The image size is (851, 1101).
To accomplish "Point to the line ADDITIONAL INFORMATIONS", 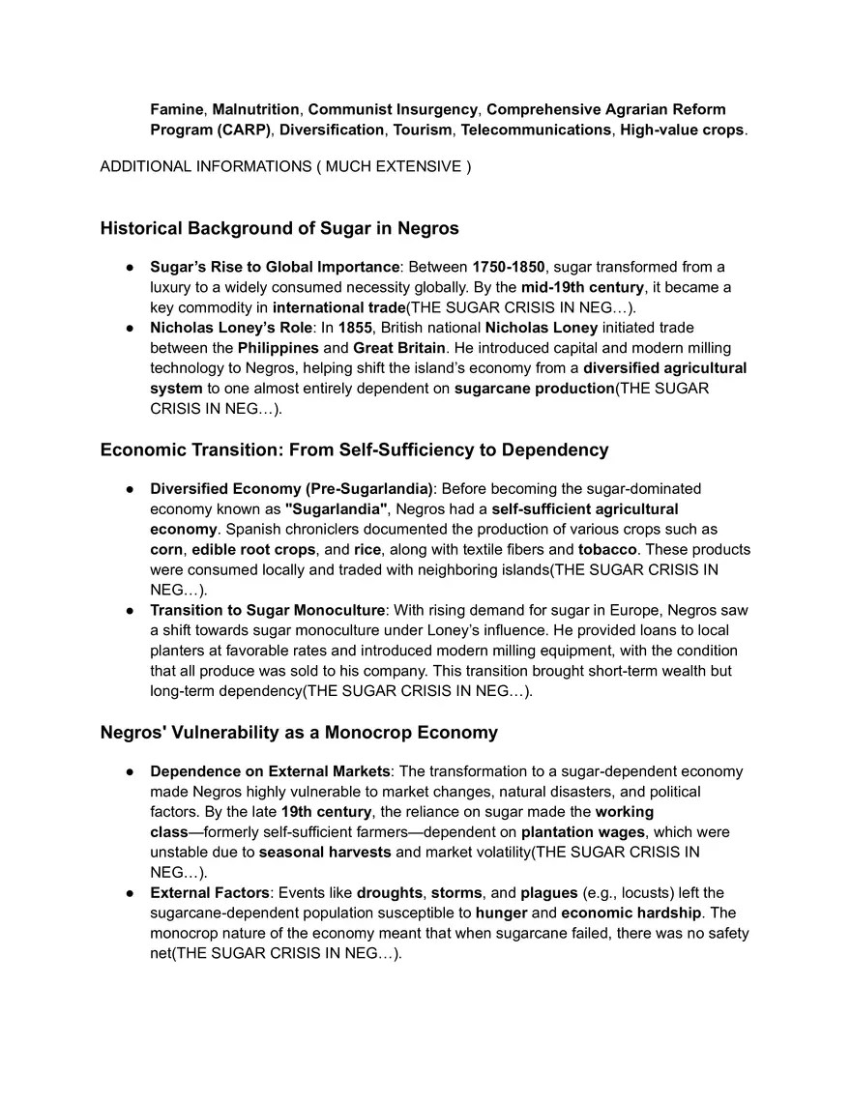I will point(285,166).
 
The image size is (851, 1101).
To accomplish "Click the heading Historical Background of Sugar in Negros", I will point(279,229).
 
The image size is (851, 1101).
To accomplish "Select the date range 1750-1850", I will point(508,267).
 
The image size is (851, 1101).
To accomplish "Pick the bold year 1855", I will point(354,328).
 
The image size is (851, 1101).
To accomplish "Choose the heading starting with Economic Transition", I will point(354,449).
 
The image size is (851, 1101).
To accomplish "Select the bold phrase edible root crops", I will point(253,549).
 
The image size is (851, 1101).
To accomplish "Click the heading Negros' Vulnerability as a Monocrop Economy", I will point(299,732).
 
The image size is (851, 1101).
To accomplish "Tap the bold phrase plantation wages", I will point(582,832).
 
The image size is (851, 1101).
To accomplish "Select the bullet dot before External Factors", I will point(129,893).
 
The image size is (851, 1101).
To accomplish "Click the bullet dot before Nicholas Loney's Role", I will point(129,328).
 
